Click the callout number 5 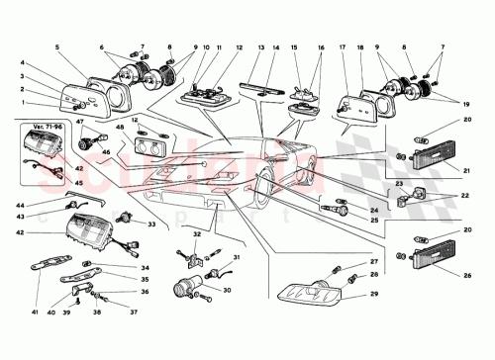tap(58, 47)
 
